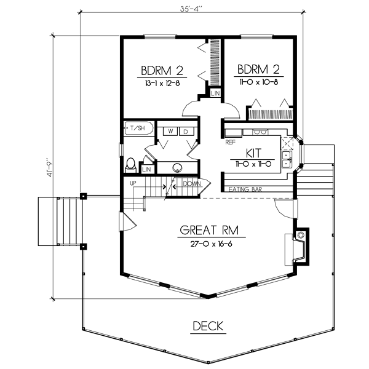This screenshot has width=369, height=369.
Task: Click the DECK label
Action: pos(207,326)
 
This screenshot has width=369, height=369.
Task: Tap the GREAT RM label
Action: pos(209,231)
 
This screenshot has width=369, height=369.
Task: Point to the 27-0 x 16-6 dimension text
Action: pos(209,244)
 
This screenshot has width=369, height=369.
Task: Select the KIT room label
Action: pos(255,151)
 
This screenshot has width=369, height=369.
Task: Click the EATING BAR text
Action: pos(245,189)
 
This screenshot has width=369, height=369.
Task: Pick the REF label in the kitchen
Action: pos(231,142)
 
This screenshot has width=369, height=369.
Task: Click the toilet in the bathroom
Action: pos(130,165)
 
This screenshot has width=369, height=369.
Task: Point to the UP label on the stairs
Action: pos(133,183)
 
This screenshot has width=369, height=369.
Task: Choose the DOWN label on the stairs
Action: pos(192,183)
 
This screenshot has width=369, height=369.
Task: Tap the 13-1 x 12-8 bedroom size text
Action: pos(163,82)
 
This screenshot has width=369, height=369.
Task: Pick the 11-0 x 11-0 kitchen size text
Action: pos(255,164)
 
